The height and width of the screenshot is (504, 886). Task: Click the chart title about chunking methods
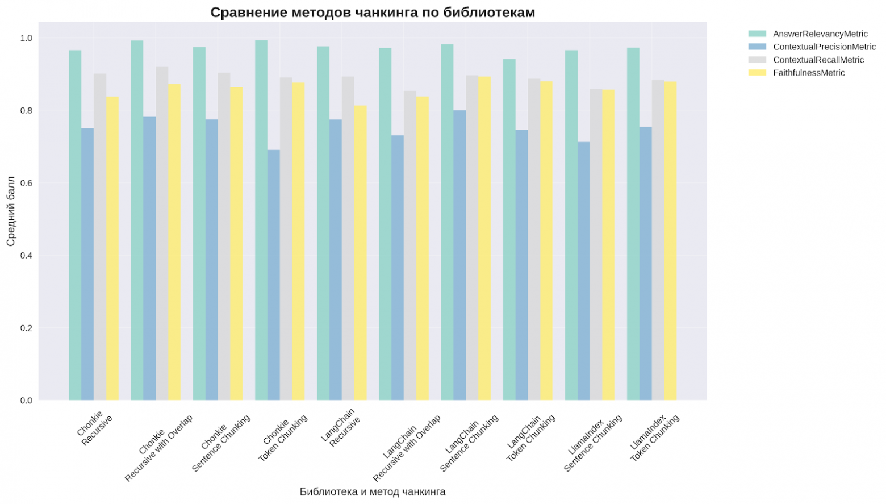point(373,13)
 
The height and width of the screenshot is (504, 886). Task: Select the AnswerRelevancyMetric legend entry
point(820,34)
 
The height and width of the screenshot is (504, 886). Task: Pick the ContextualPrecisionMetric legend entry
point(824,47)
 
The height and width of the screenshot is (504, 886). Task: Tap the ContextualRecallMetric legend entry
point(818,60)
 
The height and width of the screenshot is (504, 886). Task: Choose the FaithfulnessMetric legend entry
point(809,73)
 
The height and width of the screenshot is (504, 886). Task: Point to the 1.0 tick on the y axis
point(26,38)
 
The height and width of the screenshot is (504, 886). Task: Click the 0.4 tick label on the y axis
point(26,256)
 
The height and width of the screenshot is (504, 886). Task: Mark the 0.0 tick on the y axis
point(26,401)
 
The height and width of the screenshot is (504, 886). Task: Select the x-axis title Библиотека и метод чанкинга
point(373,492)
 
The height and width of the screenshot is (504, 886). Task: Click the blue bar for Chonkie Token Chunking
point(274,275)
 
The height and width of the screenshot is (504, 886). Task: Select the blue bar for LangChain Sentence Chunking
point(459,256)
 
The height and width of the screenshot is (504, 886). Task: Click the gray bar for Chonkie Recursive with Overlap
point(162,234)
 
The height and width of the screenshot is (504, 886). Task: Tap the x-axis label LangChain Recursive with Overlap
point(406,449)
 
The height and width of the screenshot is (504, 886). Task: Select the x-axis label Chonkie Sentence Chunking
point(220,444)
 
